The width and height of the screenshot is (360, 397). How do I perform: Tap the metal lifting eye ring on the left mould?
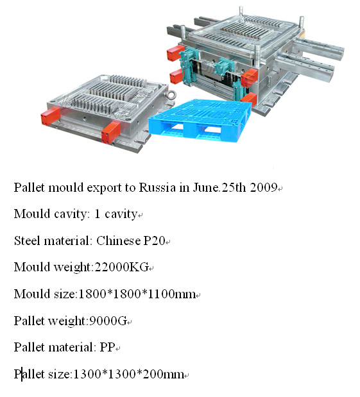point(171,96)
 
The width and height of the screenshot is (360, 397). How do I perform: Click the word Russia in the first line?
point(157,188)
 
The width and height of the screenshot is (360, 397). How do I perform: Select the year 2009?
point(263,188)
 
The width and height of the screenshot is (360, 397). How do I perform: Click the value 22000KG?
point(121,267)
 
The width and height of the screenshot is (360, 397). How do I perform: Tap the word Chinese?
point(118,241)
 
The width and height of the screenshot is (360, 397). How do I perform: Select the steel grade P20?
point(154,241)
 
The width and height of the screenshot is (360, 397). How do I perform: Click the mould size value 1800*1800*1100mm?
point(137,294)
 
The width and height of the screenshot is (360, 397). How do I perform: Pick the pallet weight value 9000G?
point(108,321)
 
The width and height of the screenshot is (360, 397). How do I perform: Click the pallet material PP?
point(107,347)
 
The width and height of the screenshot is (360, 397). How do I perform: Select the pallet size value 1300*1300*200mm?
point(128,374)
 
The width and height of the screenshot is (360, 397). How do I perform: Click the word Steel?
point(27,241)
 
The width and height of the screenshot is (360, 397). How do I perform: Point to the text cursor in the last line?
point(22,374)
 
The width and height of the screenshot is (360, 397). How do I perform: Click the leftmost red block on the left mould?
point(51,116)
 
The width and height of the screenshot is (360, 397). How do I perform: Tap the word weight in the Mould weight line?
point(72,267)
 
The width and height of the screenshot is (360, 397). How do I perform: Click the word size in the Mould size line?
point(65,294)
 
